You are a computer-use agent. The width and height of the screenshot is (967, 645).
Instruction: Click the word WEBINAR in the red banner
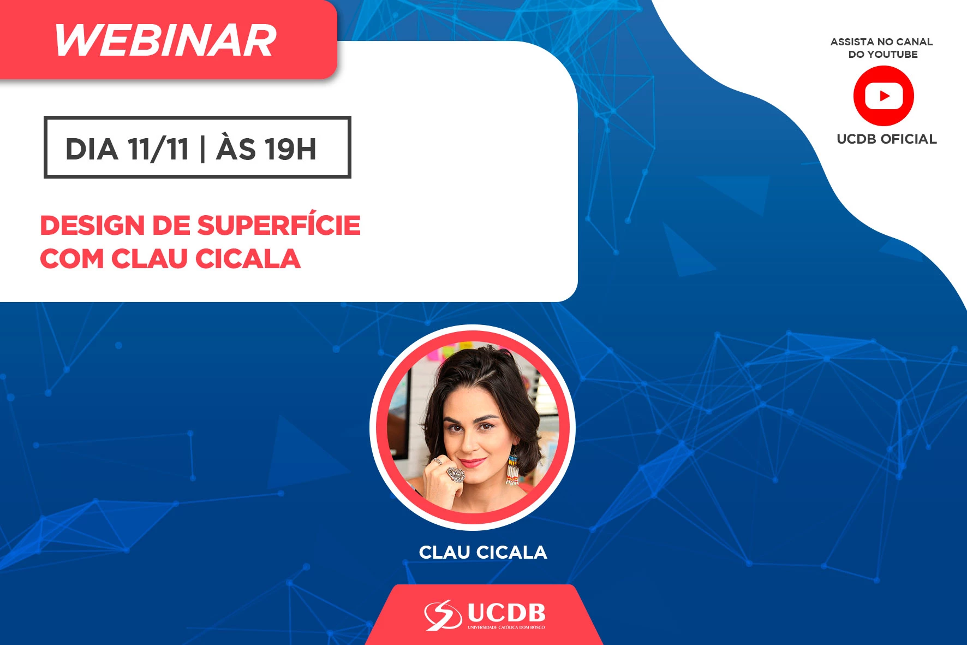(165, 41)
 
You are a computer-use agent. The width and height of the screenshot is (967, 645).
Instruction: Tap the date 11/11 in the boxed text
(158, 149)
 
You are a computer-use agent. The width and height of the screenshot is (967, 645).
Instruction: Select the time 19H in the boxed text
(291, 149)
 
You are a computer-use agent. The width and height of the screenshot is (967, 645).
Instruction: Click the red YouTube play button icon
(884, 96)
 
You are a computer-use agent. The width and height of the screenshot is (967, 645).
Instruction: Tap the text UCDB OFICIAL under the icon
(887, 139)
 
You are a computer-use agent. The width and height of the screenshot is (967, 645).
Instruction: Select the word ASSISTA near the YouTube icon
(852, 42)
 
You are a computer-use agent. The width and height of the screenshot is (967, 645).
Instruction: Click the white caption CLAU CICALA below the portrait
(483, 552)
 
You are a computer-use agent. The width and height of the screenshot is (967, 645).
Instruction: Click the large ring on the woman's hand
(455, 474)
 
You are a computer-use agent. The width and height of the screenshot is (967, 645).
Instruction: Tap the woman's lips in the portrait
(473, 463)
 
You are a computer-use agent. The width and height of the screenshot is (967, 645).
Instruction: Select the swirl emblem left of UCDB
(443, 615)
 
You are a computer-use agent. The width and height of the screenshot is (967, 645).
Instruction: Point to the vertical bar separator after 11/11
(203, 149)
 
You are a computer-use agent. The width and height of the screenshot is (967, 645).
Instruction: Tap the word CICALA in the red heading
(248, 259)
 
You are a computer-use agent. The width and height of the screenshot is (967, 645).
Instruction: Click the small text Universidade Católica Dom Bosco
(506, 628)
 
